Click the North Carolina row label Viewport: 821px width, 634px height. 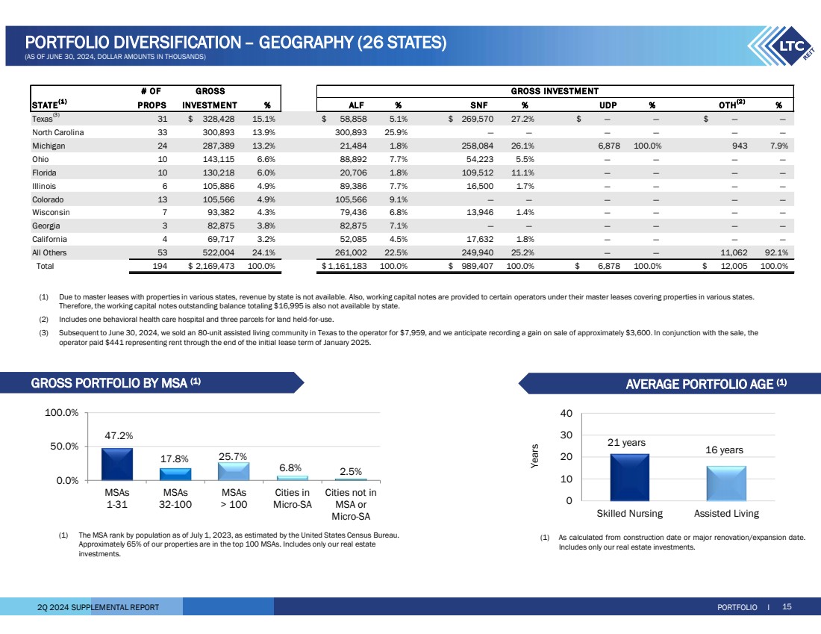59,132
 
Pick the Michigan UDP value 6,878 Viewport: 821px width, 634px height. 611,146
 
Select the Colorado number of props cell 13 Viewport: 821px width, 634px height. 161,199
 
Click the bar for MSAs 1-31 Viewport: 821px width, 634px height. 117,464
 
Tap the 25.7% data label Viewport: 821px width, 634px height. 233,456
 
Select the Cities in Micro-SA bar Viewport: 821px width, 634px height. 292,477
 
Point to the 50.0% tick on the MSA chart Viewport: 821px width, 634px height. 66,447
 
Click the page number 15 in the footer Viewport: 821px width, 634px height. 787,607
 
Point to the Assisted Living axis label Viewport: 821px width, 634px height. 725,513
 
